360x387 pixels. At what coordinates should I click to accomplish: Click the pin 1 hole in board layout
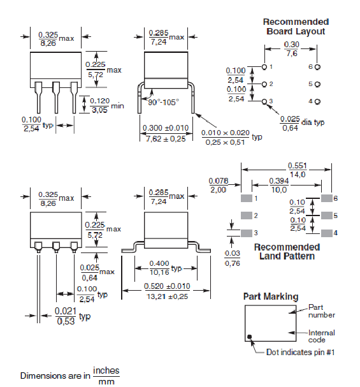[264, 67]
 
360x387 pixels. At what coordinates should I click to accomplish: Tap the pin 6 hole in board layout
[317, 67]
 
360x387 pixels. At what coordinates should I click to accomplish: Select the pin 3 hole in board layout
[264, 101]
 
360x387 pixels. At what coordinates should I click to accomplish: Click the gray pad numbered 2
[247, 215]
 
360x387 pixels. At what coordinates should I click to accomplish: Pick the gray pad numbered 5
[327, 215]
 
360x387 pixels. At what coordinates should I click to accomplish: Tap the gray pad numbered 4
[327, 233]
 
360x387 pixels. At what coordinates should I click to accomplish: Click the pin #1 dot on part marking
[250, 337]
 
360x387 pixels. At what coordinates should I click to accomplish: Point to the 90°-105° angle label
[164, 102]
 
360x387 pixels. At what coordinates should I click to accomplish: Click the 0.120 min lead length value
[99, 101]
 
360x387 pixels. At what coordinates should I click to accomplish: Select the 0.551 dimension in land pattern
[298, 166]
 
